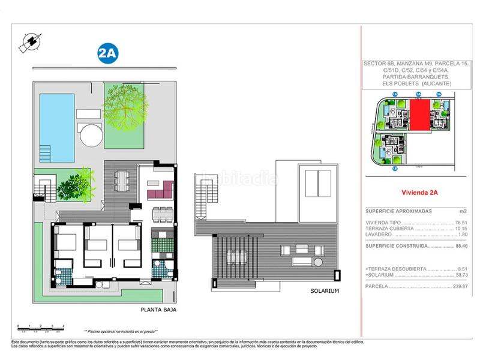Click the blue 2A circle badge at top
coord(107,53)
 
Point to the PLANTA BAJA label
coord(158,310)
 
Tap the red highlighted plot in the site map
coord(419,115)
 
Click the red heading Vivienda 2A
coord(419,193)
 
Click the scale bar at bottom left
coord(41,326)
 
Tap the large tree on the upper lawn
coord(125,106)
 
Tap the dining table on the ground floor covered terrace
coord(121,179)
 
